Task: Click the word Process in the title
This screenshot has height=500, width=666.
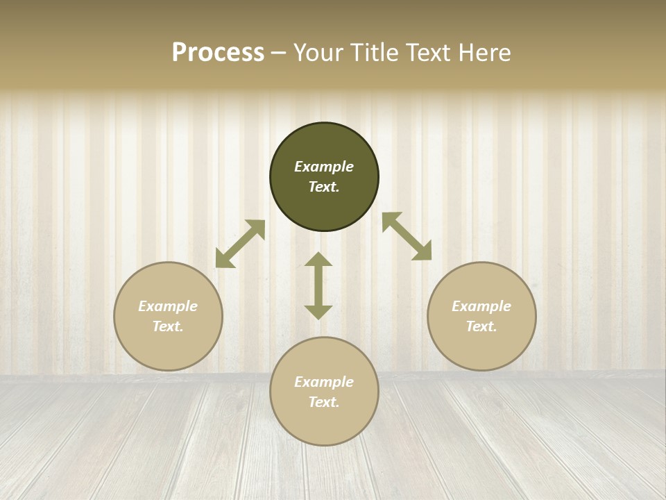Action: point(218,53)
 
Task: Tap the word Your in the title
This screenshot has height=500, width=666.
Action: point(320,53)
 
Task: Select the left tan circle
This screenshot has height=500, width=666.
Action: point(168,347)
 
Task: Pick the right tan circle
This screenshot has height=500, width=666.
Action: point(481,347)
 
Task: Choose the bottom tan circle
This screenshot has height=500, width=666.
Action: point(324,424)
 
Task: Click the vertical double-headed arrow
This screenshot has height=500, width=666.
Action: point(318,285)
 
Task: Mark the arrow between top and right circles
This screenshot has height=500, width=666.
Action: point(407,236)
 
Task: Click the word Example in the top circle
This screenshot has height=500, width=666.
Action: point(324,167)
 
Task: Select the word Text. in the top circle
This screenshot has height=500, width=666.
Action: point(324,187)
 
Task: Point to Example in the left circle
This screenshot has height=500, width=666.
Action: point(168,306)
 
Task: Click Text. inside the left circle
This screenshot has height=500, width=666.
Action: point(168,326)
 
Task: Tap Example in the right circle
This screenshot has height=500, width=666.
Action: point(481,306)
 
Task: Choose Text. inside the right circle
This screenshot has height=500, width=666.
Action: point(481,326)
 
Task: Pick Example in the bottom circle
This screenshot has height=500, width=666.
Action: point(324,382)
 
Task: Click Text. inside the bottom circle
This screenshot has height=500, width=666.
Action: point(324,402)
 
